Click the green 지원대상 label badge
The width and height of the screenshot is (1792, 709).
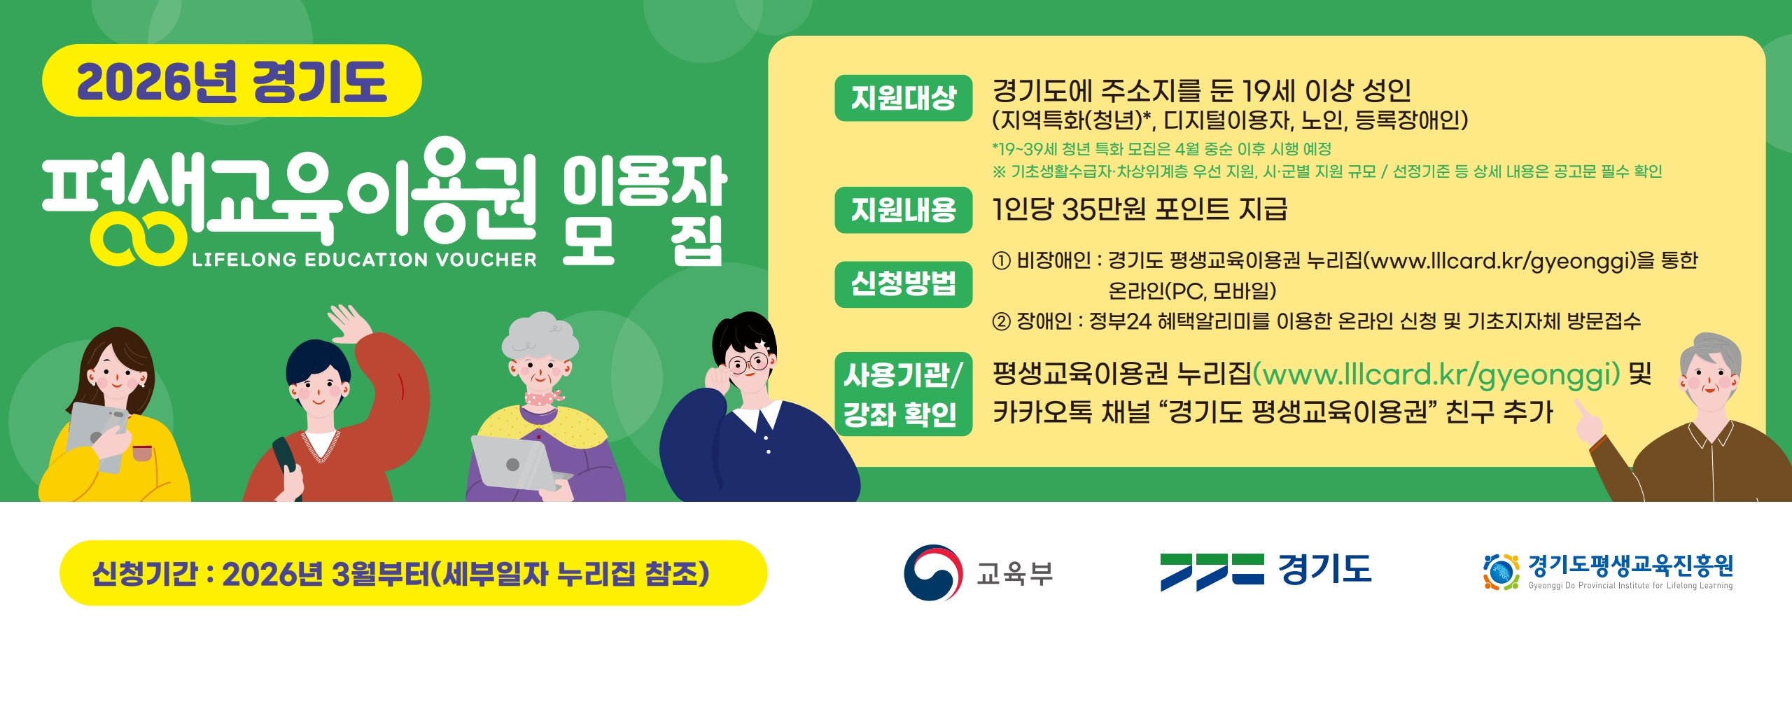pyautogui.click(x=903, y=98)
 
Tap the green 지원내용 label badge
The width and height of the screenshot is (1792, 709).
pyautogui.click(x=903, y=210)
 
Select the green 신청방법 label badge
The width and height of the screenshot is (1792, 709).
pyautogui.click(x=903, y=284)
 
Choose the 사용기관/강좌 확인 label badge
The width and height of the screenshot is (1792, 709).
pyautogui.click(x=903, y=394)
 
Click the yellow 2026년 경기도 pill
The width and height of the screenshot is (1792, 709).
pyautogui.click(x=232, y=81)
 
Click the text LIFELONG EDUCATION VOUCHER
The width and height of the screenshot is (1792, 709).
pyautogui.click(x=364, y=260)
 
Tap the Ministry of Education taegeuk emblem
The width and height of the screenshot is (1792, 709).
pyautogui.click(x=932, y=573)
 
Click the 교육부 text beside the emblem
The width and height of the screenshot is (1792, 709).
pyautogui.click(x=1014, y=573)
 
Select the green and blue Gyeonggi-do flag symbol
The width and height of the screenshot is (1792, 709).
pyautogui.click(x=1212, y=571)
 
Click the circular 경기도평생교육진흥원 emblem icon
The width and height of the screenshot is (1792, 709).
pyautogui.click(x=1501, y=572)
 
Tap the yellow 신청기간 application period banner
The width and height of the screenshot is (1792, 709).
pyautogui.click(x=413, y=573)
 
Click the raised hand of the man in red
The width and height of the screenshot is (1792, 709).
pyautogui.click(x=351, y=323)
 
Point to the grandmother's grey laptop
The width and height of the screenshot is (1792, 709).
pyautogui.click(x=514, y=463)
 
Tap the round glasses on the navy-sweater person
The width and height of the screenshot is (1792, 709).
pyautogui.click(x=748, y=363)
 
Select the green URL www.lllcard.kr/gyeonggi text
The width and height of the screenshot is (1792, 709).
pyautogui.click(x=1436, y=374)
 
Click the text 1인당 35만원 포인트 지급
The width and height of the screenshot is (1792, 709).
pyautogui.click(x=1140, y=209)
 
